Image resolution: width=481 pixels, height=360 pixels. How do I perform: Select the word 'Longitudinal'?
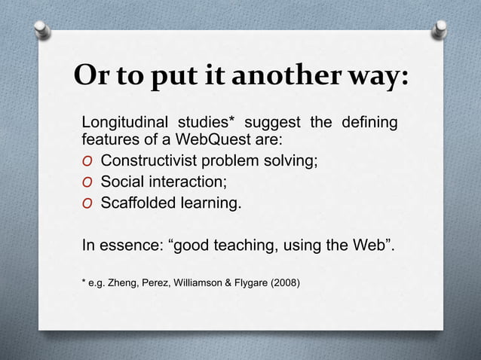click(x=124, y=124)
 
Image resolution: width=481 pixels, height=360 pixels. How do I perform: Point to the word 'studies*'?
click(x=207, y=124)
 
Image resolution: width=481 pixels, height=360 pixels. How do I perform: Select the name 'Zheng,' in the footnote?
click(x=125, y=283)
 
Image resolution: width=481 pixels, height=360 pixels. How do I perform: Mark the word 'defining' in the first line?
click(x=370, y=124)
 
